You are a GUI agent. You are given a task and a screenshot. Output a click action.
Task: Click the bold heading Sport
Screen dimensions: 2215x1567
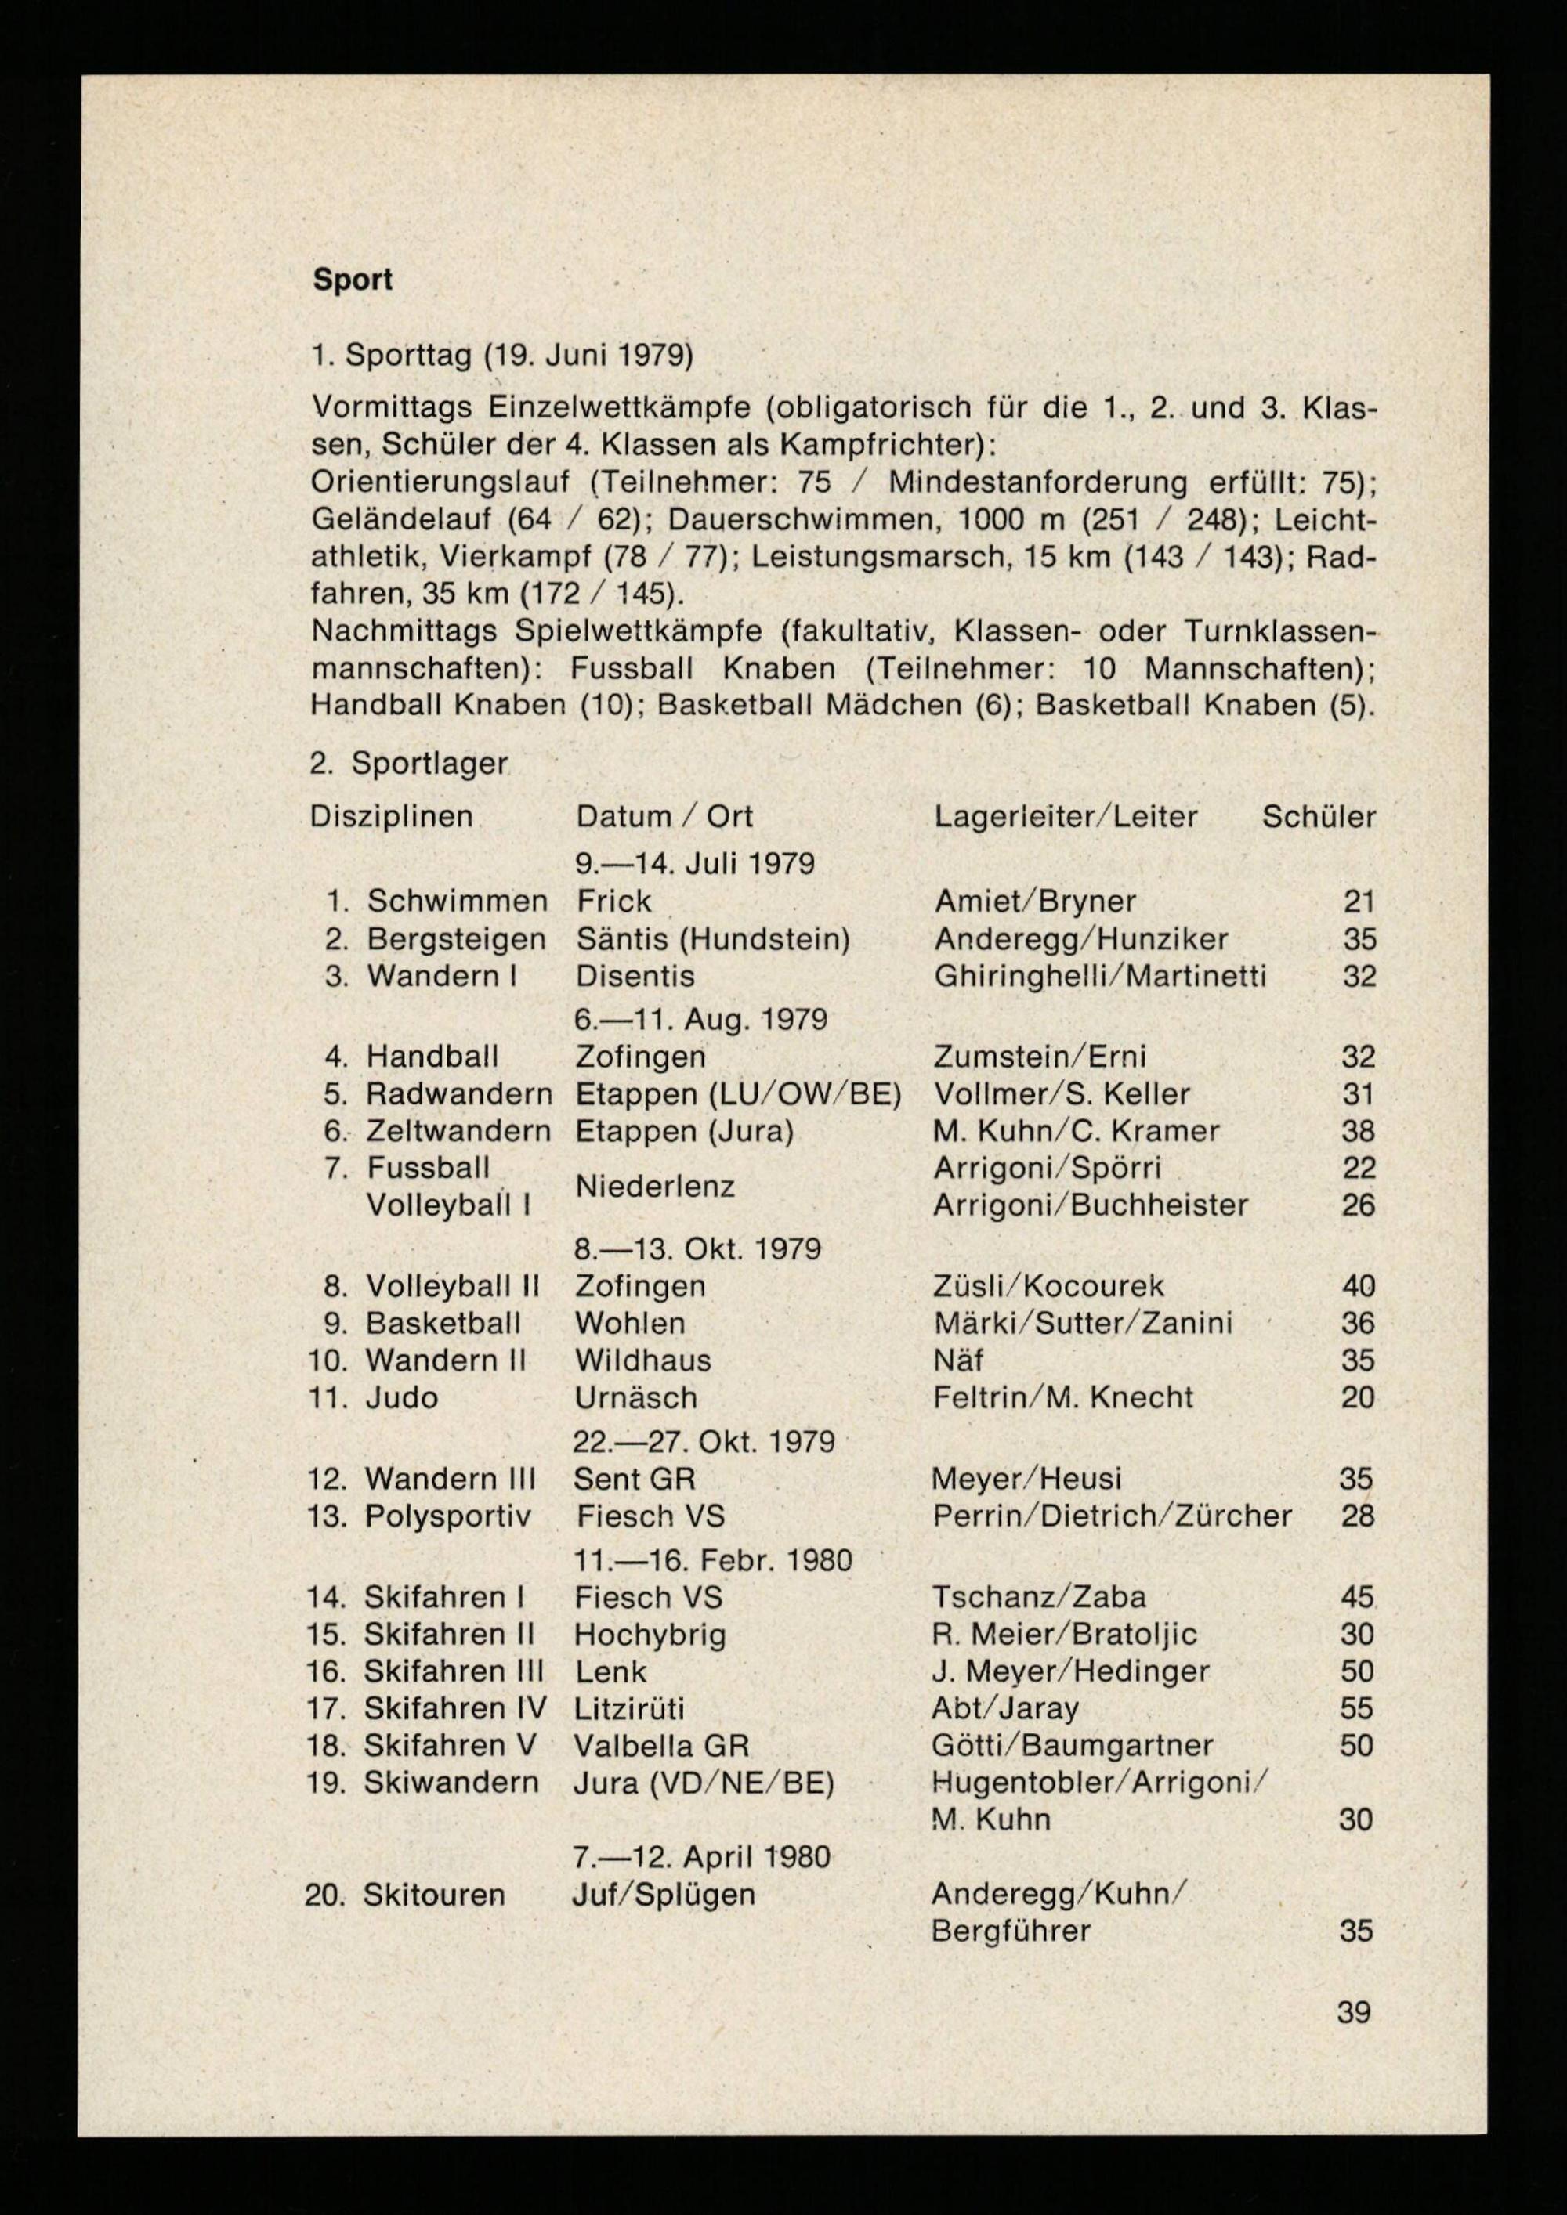353,280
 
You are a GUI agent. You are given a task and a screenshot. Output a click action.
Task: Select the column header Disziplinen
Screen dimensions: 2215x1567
391,817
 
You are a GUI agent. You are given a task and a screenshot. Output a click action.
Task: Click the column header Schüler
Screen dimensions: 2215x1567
1318,817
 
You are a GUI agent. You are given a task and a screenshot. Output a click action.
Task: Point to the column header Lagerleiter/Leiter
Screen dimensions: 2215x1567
1066,817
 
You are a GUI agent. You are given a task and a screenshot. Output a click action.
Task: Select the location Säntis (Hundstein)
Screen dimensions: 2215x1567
712,938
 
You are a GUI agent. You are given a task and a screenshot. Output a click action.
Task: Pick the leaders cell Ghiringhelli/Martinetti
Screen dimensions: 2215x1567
1100,976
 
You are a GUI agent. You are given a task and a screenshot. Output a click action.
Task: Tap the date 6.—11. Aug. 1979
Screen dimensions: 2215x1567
700,1019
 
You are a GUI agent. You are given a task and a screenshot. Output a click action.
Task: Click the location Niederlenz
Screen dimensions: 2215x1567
655,1186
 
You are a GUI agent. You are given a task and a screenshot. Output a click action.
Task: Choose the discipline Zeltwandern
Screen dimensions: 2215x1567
458,1131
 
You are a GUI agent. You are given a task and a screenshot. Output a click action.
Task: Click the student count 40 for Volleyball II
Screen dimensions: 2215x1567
1358,1286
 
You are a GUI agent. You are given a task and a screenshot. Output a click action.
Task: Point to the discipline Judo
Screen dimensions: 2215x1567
401,1397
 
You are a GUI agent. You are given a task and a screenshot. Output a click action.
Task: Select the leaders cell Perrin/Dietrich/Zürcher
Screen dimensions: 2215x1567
1112,1516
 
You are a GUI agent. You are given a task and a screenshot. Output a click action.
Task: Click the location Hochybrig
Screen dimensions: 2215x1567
650,1635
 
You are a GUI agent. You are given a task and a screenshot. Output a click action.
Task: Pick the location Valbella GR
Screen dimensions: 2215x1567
661,1745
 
